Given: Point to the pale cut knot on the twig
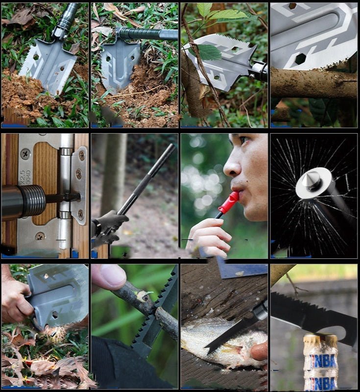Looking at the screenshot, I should click(144, 295).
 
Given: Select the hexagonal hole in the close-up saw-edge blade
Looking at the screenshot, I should click(300, 59).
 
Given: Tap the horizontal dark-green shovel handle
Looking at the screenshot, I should click(149, 34).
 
